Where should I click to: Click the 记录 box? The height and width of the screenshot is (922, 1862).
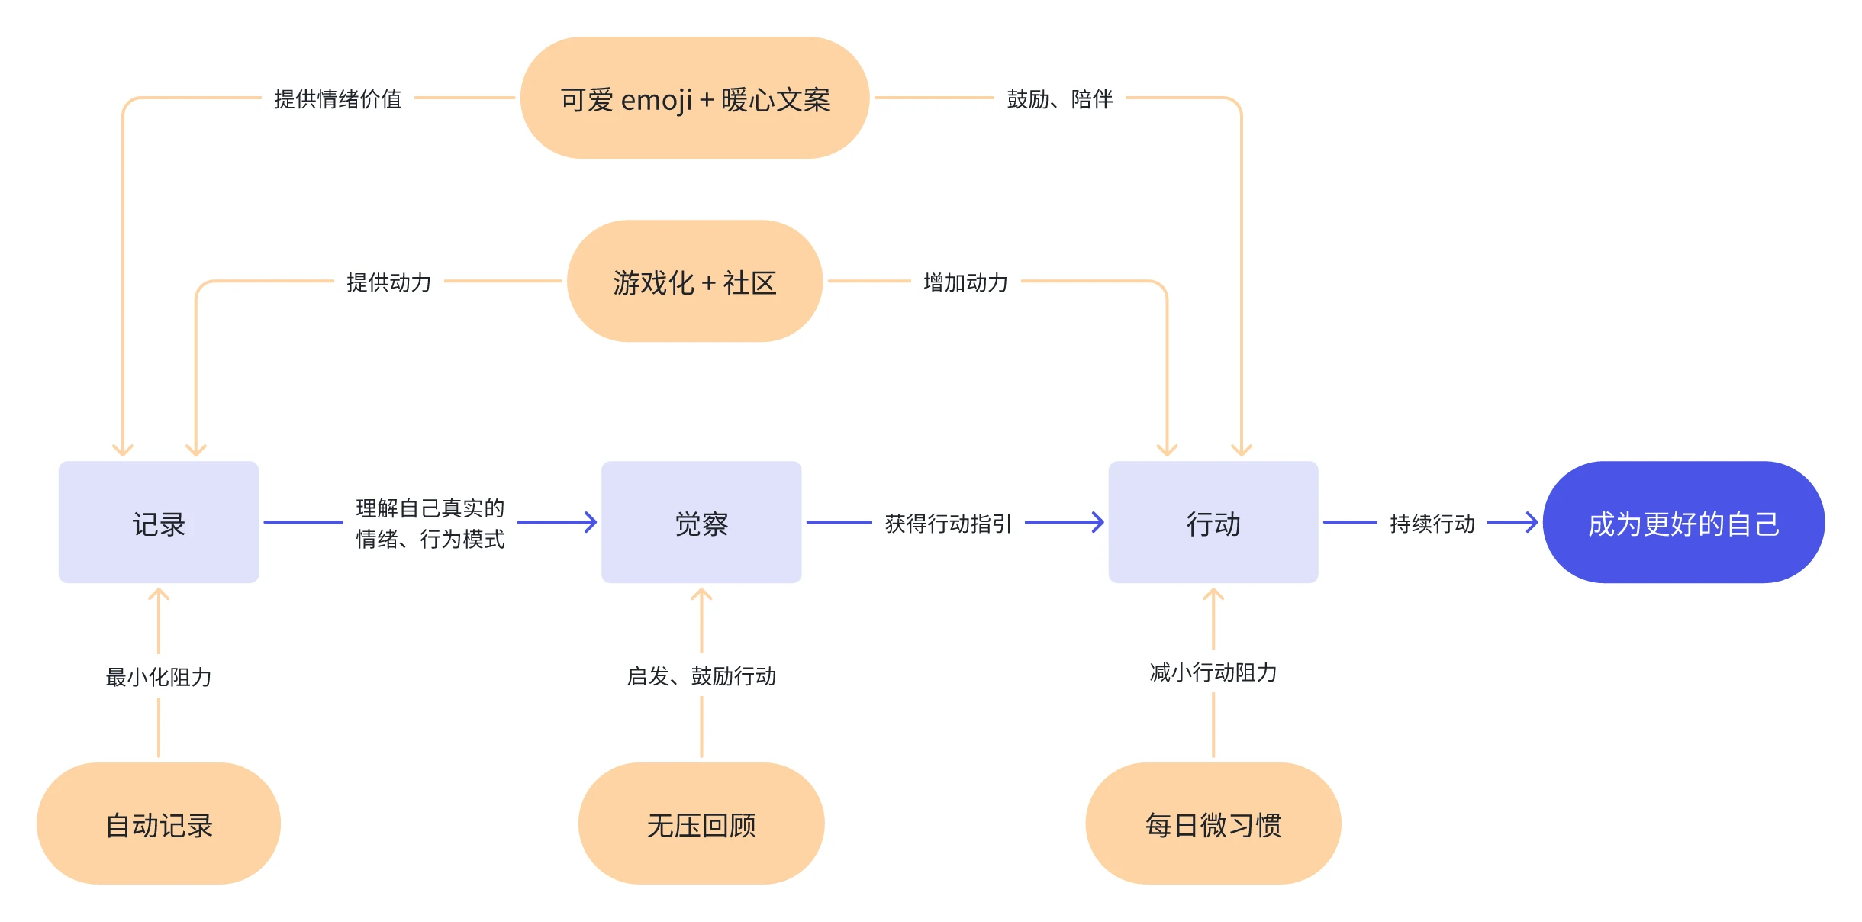coord(158,522)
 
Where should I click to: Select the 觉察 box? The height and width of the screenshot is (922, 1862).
coord(701,522)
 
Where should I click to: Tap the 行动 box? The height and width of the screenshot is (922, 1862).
coord(1213,522)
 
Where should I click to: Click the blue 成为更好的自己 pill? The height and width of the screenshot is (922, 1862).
coord(1683,522)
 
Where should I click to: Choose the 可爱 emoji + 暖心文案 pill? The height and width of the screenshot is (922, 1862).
coord(694,98)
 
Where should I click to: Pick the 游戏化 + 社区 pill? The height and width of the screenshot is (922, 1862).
coord(694,282)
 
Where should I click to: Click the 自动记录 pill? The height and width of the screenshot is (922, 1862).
coord(158,824)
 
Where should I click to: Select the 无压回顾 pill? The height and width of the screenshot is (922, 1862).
coord(701,824)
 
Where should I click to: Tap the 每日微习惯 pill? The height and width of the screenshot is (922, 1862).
coord(1213,824)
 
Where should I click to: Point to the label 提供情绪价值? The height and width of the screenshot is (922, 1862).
coord(337,98)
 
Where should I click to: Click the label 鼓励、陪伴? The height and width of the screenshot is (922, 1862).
coord(1059,98)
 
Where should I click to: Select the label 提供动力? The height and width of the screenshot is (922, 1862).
coord(388,282)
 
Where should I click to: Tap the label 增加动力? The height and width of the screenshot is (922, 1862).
coord(965,282)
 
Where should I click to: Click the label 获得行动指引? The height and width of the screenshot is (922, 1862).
coord(948,523)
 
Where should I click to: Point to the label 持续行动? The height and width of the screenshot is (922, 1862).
coord(1432,523)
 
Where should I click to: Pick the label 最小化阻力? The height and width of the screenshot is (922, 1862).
coord(158,676)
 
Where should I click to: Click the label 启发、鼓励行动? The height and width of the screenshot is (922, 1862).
coord(701,675)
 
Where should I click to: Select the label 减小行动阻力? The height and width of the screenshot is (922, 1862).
coord(1213,672)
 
